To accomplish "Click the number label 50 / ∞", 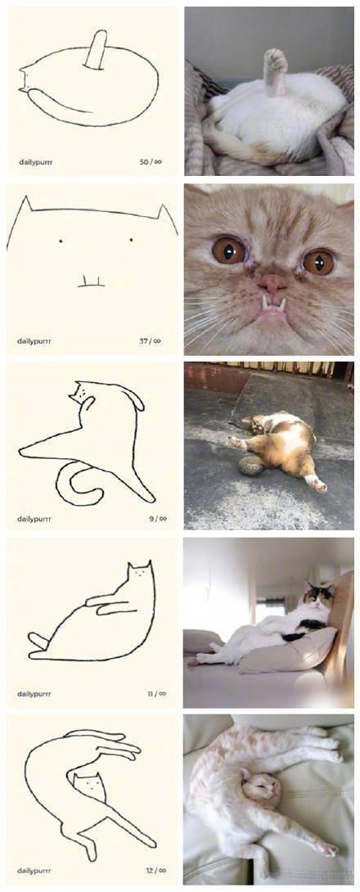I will [x=151, y=162].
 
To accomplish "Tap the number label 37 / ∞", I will [x=151, y=340].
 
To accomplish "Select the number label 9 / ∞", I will [x=158, y=518].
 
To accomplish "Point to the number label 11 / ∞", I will [x=156, y=694].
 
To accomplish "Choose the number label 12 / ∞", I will [x=156, y=870].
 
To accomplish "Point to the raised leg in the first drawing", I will [x=96, y=51].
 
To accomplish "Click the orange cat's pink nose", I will [x=272, y=283].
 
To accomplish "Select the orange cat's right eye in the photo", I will [x=318, y=262].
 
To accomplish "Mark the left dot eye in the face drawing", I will [x=61, y=240].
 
